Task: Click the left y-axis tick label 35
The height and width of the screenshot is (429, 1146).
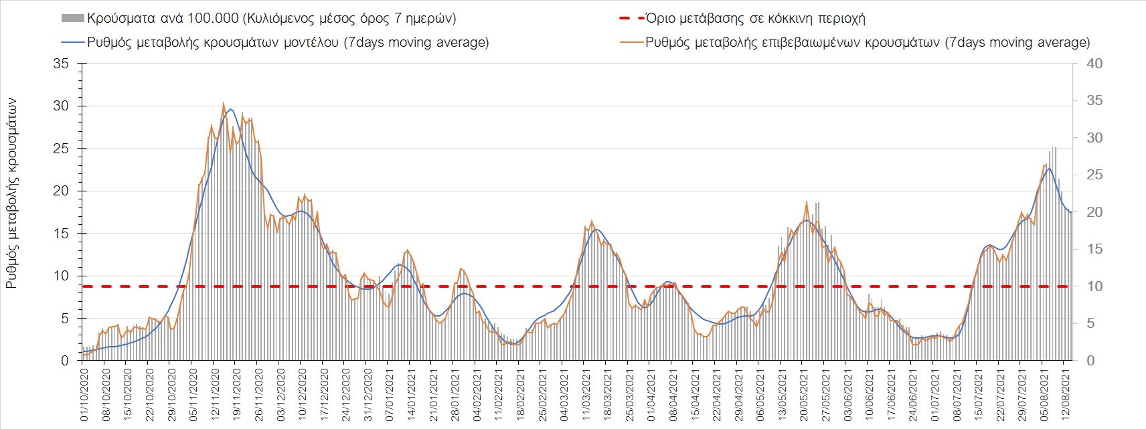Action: [62, 64]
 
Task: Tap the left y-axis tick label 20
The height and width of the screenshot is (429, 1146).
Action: [62, 191]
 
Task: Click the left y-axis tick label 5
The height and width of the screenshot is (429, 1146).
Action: [65, 319]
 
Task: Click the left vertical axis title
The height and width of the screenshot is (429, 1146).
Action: [11, 194]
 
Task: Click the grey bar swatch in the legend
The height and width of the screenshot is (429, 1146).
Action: [72, 18]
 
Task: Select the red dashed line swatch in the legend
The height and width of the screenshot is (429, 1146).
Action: [631, 18]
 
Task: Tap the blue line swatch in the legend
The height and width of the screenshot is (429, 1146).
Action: [72, 42]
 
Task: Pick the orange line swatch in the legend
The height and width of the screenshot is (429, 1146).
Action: [631, 42]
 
